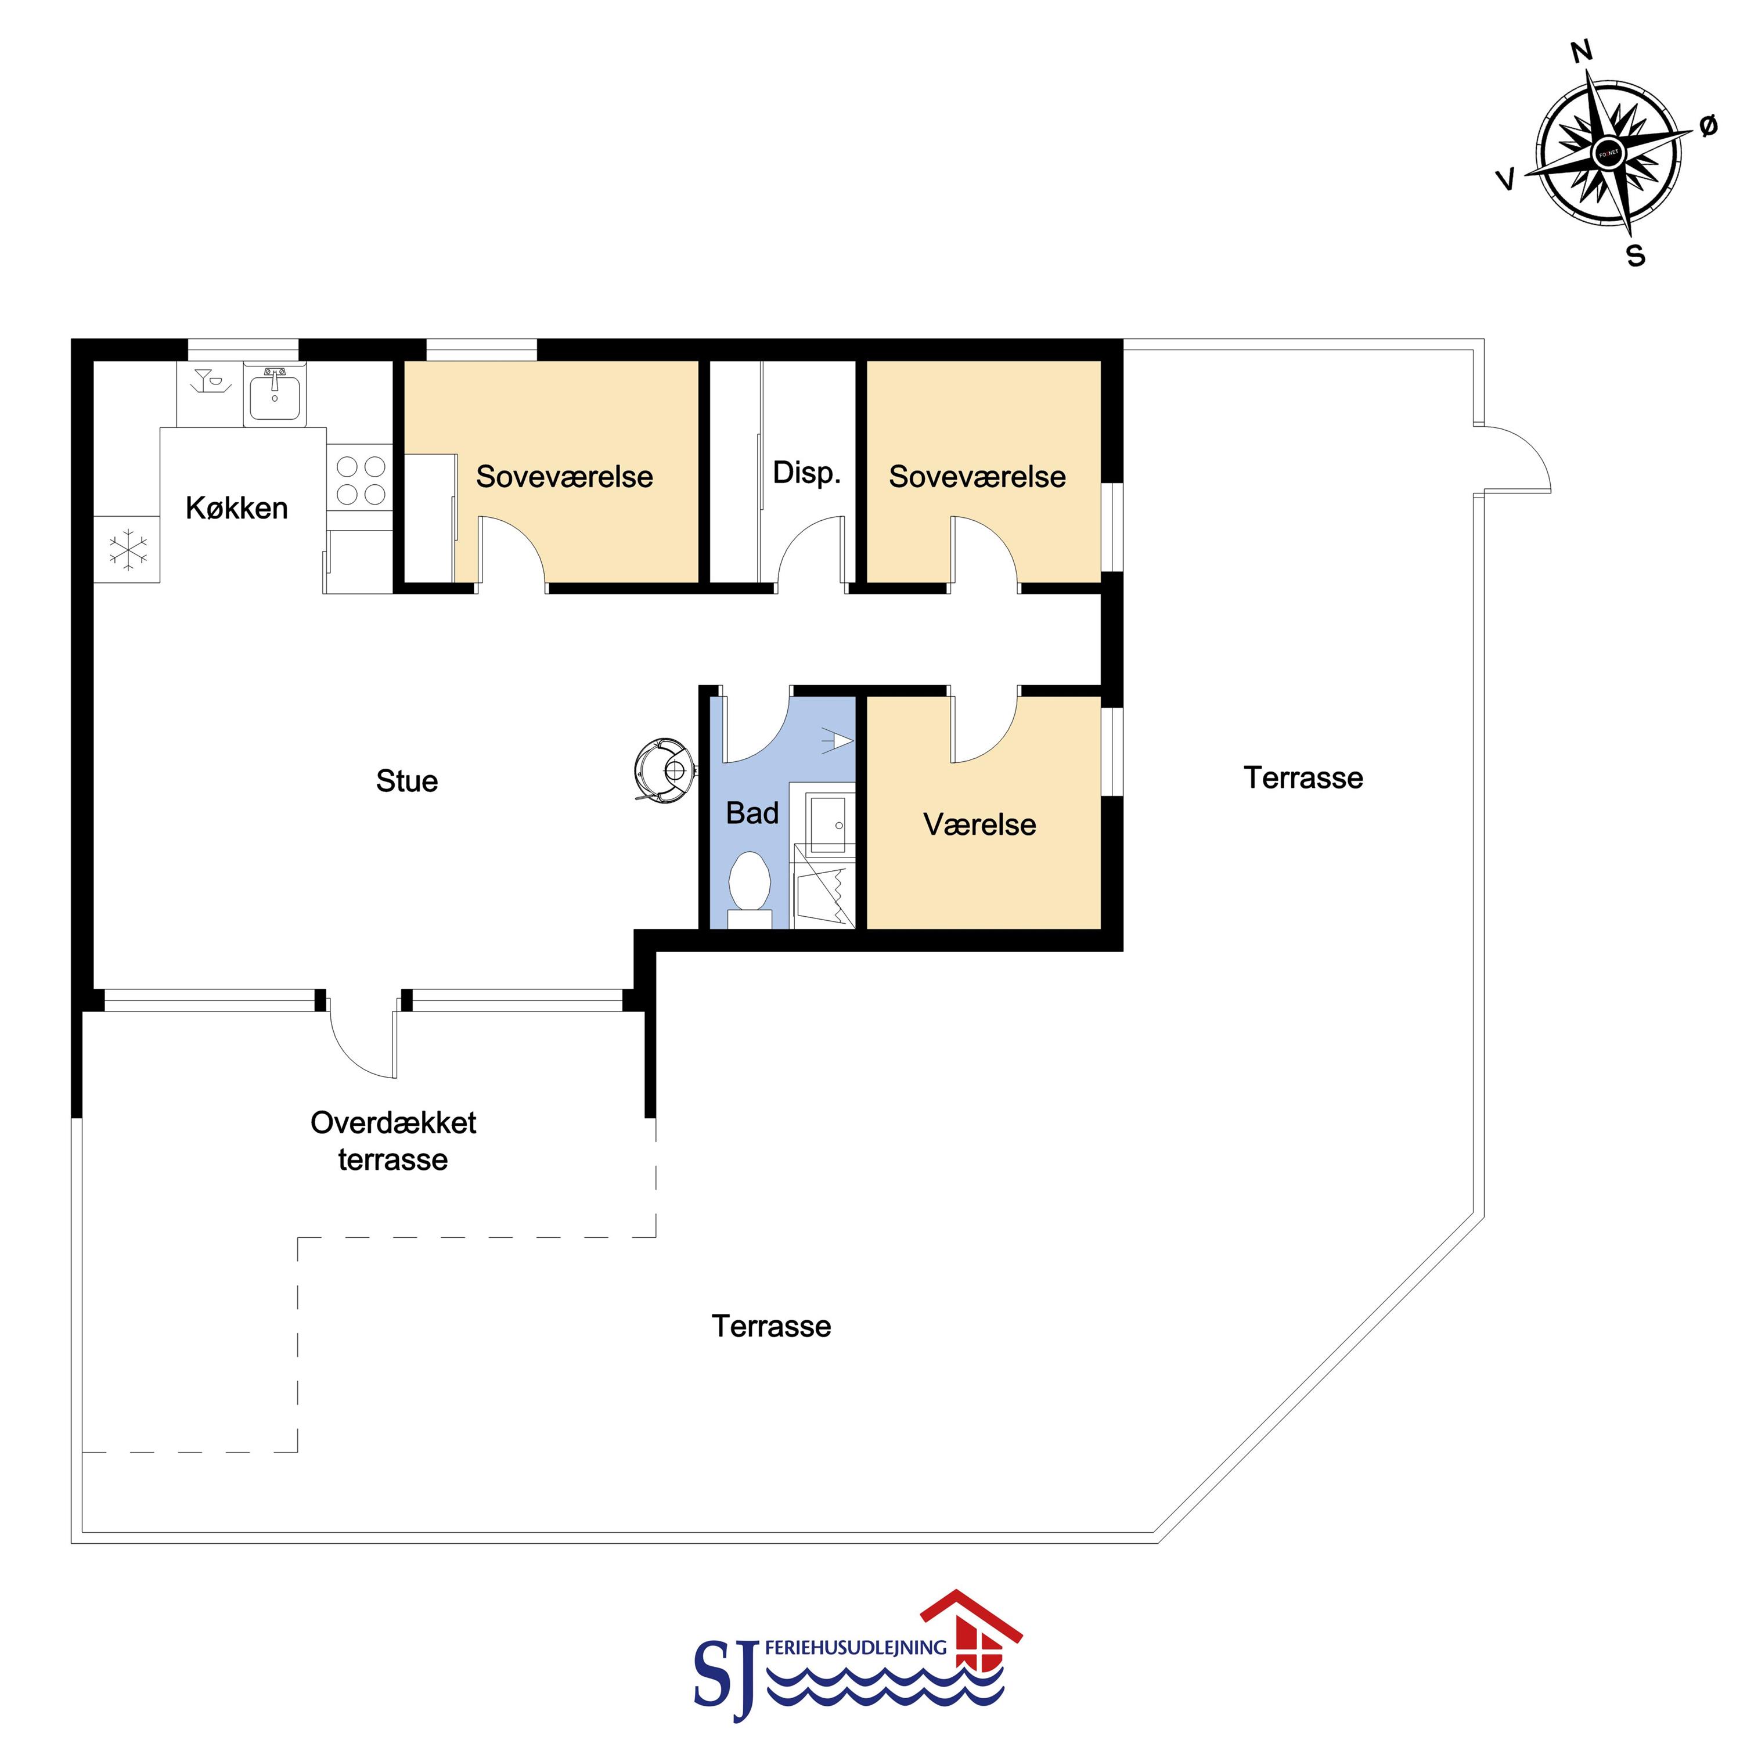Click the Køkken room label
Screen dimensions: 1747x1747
click(x=237, y=508)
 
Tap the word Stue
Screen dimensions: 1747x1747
click(x=407, y=781)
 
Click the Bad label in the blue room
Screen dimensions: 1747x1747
click(x=752, y=813)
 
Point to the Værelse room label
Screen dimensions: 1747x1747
click(x=979, y=824)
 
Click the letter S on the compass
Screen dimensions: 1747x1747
click(x=1636, y=257)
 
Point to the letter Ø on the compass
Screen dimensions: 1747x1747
click(x=1707, y=127)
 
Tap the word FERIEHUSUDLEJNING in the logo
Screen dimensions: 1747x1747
click(x=855, y=1648)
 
